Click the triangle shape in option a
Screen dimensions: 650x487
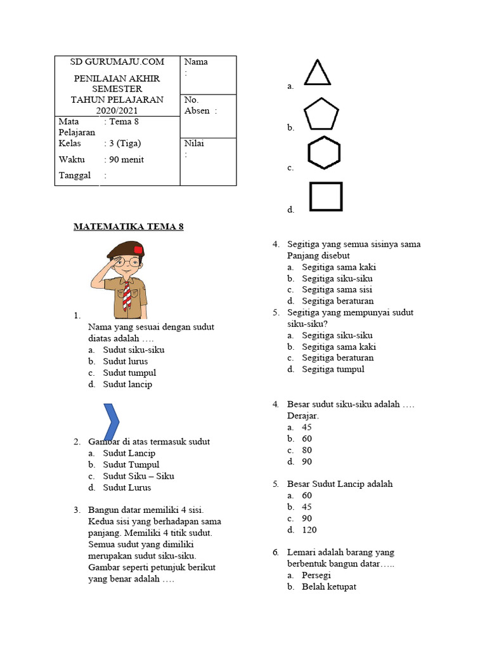[317, 73]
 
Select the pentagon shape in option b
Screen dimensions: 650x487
[322, 115]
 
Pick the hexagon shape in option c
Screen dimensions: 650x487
[324, 153]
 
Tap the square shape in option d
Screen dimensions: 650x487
[326, 196]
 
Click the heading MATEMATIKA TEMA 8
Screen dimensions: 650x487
[129, 226]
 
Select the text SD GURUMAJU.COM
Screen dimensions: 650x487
[117, 62]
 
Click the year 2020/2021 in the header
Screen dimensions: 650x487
[117, 110]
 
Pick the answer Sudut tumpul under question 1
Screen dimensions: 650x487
[129, 373]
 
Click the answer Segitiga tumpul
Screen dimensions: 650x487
[333, 369]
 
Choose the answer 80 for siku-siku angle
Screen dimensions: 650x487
[307, 450]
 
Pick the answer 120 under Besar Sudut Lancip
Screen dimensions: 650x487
[309, 529]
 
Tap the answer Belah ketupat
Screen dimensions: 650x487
[328, 587]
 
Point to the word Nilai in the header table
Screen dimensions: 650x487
[194, 143]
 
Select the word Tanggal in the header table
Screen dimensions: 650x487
[74, 175]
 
